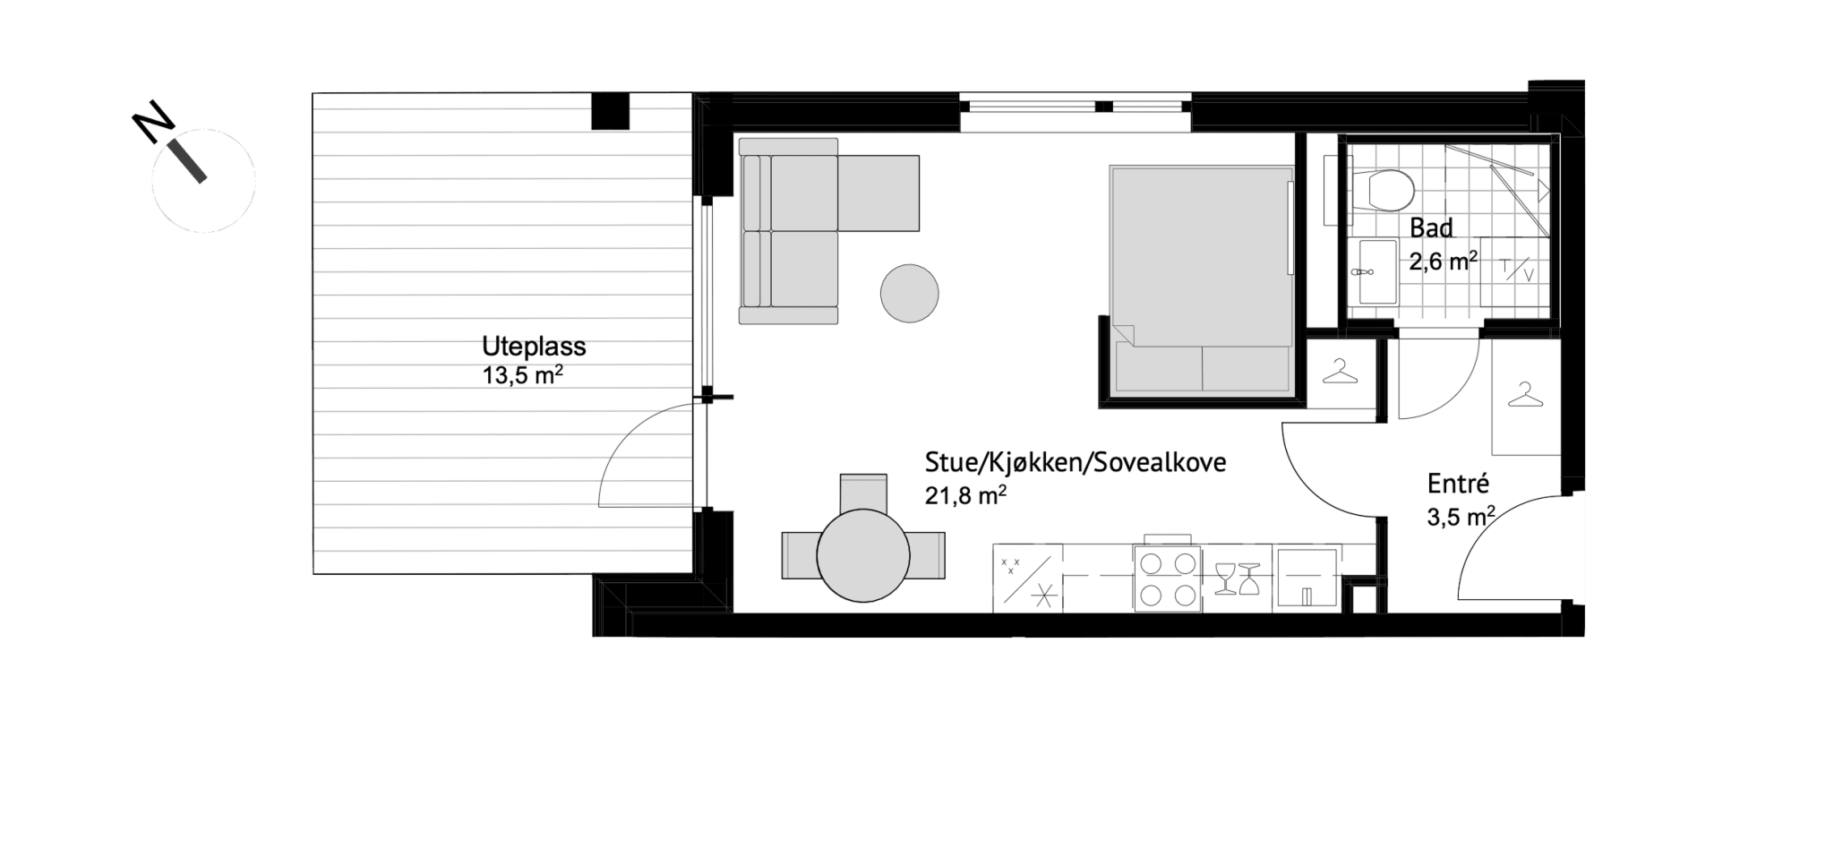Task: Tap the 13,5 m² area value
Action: (523, 374)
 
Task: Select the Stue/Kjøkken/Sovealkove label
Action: (1076, 463)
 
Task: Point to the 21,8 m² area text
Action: (965, 494)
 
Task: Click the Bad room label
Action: (1431, 228)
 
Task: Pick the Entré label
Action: (1458, 484)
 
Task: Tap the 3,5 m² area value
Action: (1461, 517)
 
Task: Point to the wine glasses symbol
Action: (1238, 579)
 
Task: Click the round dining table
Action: (863, 555)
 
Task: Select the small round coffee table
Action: (909, 293)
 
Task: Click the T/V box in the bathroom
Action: (1513, 268)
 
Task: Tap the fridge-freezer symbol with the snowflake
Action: (1027, 579)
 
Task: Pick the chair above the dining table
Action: (863, 492)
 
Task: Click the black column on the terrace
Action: (612, 112)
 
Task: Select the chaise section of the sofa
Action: (878, 193)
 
